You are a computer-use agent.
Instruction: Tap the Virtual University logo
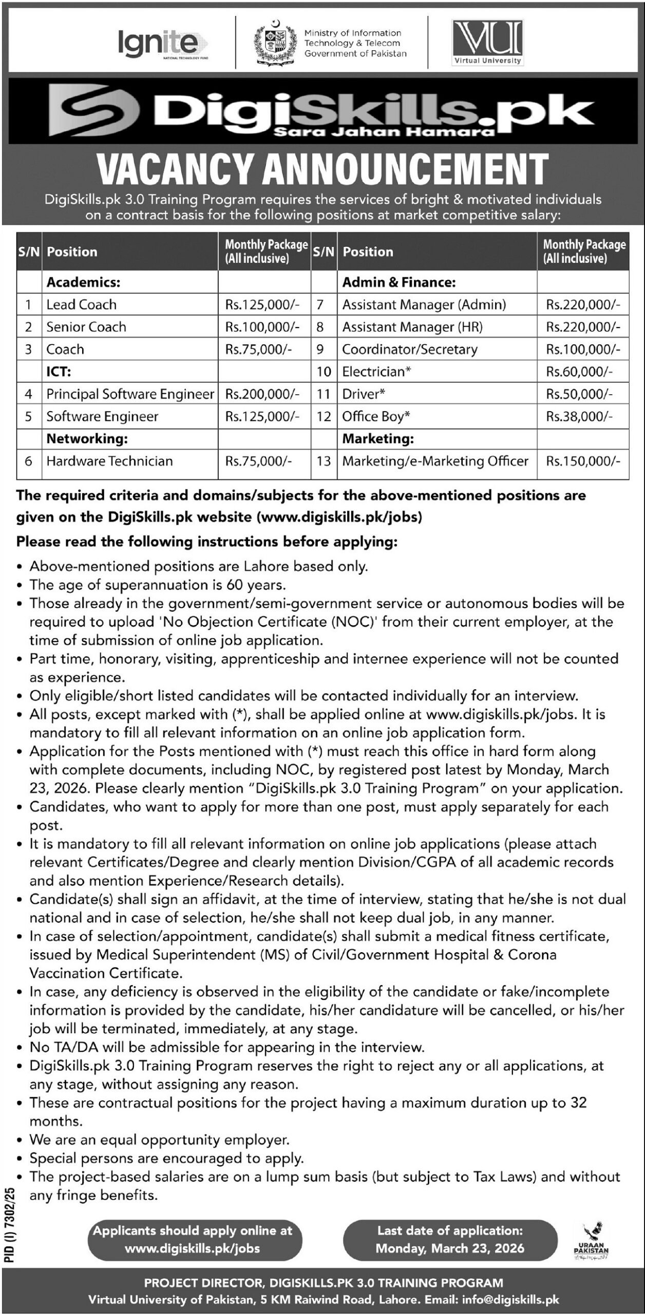487,43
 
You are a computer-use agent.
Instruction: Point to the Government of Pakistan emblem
276,44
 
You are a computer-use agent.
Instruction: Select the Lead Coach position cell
82,304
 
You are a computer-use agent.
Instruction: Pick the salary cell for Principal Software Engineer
262,394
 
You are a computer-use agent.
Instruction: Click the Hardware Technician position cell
109,461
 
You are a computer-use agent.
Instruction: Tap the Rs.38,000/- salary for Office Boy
579,416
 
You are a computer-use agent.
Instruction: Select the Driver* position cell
364,394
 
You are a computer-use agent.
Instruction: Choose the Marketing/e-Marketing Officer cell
435,461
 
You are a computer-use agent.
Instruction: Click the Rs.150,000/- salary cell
579,461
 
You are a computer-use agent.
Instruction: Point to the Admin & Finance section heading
399,282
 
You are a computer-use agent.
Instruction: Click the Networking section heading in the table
87,438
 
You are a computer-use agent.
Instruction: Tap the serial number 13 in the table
324,461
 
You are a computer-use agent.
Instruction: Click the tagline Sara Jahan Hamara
384,132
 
